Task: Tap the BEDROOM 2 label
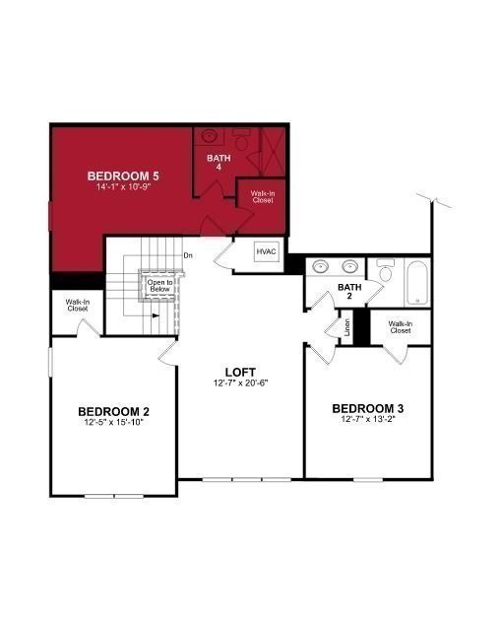tap(113, 411)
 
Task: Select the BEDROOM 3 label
tap(367, 409)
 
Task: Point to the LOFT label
tap(240, 372)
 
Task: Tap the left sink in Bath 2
tap(320, 266)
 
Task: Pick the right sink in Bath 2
tap(349, 266)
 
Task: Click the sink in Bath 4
tap(210, 137)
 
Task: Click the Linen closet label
tap(347, 327)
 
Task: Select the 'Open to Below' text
tap(160, 287)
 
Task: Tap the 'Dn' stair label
tap(188, 256)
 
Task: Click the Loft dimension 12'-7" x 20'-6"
tap(240, 383)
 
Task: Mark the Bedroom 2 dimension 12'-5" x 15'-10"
tap(113, 423)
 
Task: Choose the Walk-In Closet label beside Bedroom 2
tap(78, 306)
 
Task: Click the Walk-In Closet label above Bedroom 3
tap(400, 327)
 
